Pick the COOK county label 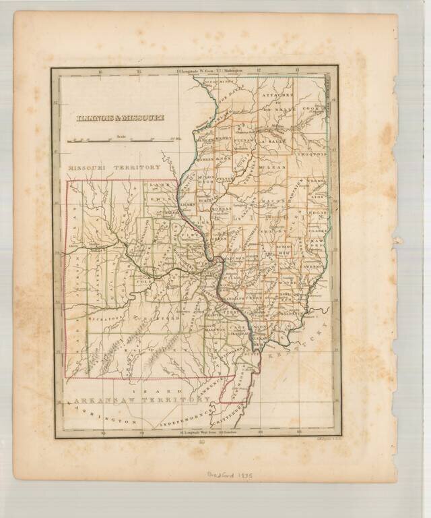[313, 108]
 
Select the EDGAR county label [317, 211]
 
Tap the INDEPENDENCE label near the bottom [175, 420]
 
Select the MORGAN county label [219, 209]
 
